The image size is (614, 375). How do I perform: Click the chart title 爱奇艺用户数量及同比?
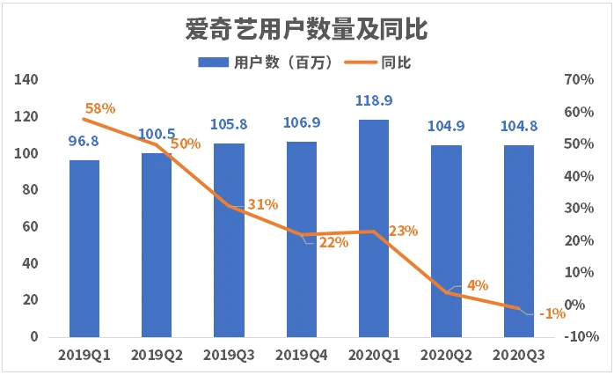pyautogui.click(x=307, y=29)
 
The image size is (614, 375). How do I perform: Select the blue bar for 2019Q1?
pyautogui.click(x=84, y=248)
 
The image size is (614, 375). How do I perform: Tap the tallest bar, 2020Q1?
pyautogui.click(x=373, y=228)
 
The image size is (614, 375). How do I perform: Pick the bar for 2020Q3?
pyautogui.click(x=518, y=241)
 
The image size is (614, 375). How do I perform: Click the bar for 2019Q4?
pyautogui.click(x=302, y=239)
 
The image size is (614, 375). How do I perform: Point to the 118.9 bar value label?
pyautogui.click(x=373, y=100)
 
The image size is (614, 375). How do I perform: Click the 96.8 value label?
pyautogui.click(x=84, y=141)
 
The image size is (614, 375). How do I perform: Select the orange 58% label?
pyautogui.click(x=100, y=109)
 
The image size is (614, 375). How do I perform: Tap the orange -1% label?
pyautogui.click(x=552, y=313)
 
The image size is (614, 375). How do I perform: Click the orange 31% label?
pyautogui.click(x=263, y=204)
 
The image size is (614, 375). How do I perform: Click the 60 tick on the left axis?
pyautogui.click(x=31, y=227)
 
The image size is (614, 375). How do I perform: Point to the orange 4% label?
pyautogui.click(x=478, y=284)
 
